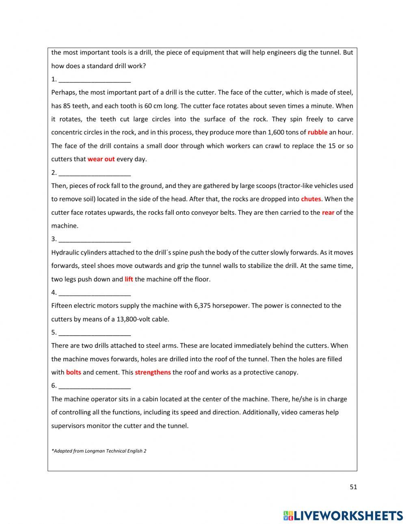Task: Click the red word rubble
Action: pyautogui.click(x=317, y=132)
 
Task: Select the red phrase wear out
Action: pyautogui.click(x=101, y=159)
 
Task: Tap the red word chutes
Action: pyautogui.click(x=311, y=199)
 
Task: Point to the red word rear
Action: pyautogui.click(x=328, y=212)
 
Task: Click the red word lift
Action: pyautogui.click(x=129, y=279)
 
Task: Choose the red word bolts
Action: pyautogui.click(x=73, y=372)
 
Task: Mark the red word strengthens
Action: pyautogui.click(x=153, y=372)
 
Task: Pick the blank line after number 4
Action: pyautogui.click(x=95, y=293)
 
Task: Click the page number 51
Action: pyautogui.click(x=353, y=487)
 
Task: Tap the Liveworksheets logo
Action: pyautogui.click(x=343, y=515)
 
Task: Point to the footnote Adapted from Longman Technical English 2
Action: pyautogui.click(x=99, y=451)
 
